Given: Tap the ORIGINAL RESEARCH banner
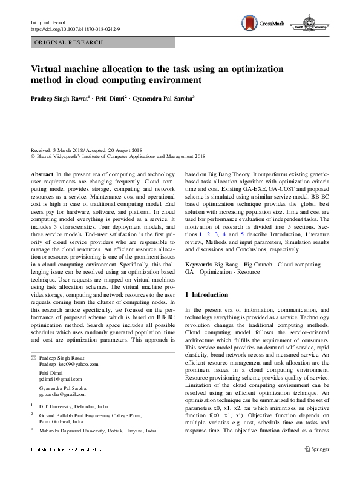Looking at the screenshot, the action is [69, 42].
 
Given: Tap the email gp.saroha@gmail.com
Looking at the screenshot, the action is [63, 394].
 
